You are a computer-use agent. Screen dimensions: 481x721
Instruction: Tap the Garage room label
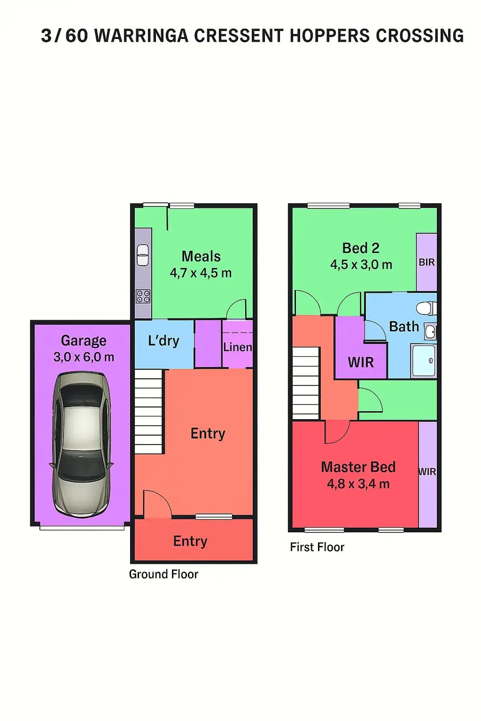[x=83, y=340]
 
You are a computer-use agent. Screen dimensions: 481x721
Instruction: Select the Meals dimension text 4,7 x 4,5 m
[x=201, y=273]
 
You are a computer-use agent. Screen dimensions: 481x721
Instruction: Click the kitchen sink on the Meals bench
[x=143, y=255]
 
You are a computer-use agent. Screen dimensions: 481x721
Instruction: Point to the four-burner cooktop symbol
[x=143, y=296]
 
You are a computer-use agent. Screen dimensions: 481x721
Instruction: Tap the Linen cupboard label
[x=237, y=347]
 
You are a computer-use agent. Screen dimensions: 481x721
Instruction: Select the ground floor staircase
[x=148, y=412]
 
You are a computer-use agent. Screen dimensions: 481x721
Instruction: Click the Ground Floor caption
[x=164, y=574]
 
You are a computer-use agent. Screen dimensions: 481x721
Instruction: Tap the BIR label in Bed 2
[x=427, y=262]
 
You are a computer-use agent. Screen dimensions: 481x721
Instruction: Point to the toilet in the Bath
[x=426, y=308]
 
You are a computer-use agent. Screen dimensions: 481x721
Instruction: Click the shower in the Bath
[x=424, y=360]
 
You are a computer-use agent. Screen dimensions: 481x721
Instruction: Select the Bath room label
[x=404, y=326]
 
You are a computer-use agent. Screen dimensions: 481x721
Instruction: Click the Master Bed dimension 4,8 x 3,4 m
[x=358, y=484]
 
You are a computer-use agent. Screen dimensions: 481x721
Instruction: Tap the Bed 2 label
[x=361, y=248]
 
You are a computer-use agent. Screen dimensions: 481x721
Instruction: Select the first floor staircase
[x=306, y=383]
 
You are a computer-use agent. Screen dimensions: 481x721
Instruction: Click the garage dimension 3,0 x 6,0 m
[x=84, y=357]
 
